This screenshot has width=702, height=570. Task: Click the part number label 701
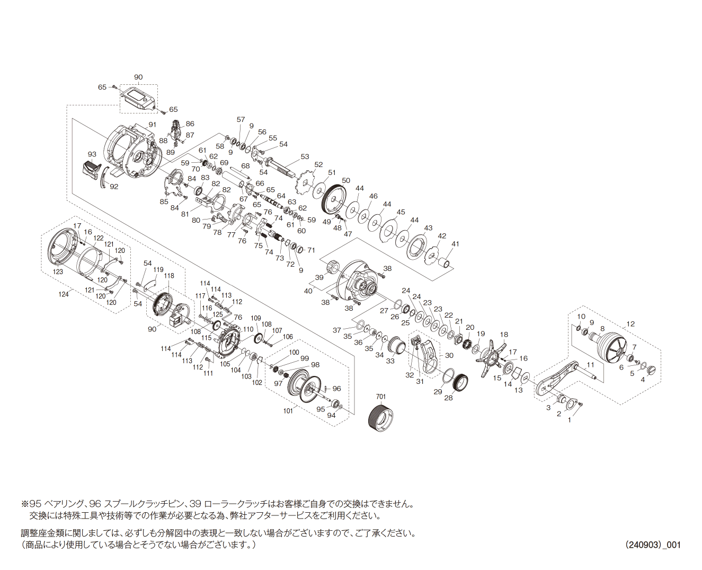point(380,397)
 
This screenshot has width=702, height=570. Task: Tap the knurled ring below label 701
point(380,418)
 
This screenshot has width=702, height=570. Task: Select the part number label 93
point(92,154)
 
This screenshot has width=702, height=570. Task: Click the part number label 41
point(455,244)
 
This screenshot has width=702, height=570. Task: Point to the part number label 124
point(63,294)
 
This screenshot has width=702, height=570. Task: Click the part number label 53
point(305,156)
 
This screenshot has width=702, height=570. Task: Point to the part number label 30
point(449,355)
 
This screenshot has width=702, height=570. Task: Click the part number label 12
point(630,324)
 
